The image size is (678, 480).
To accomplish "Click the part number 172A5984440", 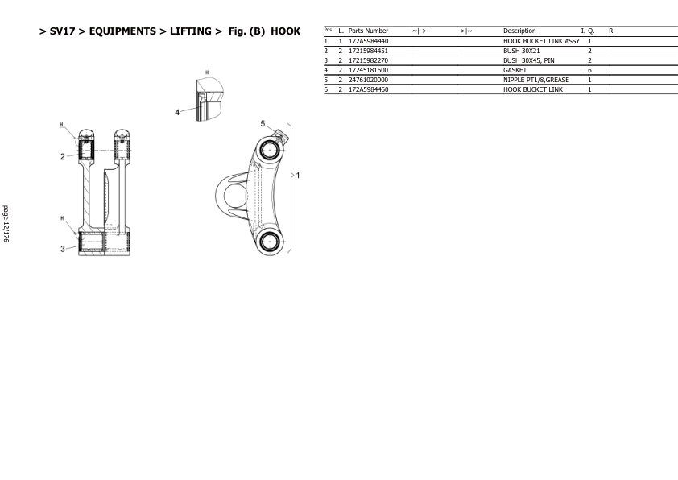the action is coord(369,42).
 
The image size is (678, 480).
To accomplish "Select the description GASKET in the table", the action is coord(515,70).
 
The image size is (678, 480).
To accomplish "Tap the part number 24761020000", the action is coord(369,80).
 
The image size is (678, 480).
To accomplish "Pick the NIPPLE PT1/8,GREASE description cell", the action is coord(536,80).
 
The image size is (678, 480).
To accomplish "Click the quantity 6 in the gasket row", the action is coord(589,70).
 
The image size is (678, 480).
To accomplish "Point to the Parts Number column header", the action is coord(369,31).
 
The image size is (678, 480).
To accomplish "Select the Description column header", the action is coord(519,31).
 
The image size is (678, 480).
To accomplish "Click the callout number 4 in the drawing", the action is coord(177,113).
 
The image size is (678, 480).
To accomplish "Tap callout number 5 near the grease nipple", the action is coord(263,124).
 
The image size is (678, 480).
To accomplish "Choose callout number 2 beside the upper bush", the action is coord(62,156).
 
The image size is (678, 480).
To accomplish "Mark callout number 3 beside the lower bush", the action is coord(62,249).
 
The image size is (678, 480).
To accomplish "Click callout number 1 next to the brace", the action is coord(297,176).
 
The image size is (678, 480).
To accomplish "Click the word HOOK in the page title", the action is coord(285,31).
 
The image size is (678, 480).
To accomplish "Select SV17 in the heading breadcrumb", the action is coord(62,31).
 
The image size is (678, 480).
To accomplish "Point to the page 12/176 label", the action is coord(6,224).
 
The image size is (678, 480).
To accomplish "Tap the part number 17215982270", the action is coord(369,60).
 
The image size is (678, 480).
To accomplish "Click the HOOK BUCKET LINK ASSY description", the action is coord(541,42).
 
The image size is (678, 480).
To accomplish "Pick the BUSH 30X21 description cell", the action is coord(522,51).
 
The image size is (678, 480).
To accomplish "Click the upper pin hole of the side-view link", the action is coord(270,150).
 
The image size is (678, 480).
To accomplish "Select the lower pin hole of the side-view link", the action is coord(270,241).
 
